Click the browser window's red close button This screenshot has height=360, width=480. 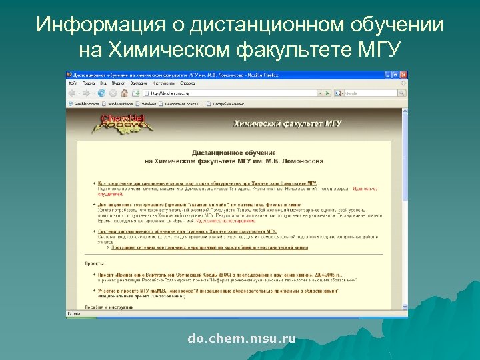[x=402, y=75]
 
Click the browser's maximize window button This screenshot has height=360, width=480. [x=395, y=75]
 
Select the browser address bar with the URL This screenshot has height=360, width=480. [x=227, y=93]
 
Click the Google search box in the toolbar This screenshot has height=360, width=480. [x=370, y=93]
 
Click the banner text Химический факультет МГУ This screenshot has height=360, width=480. [x=279, y=123]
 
